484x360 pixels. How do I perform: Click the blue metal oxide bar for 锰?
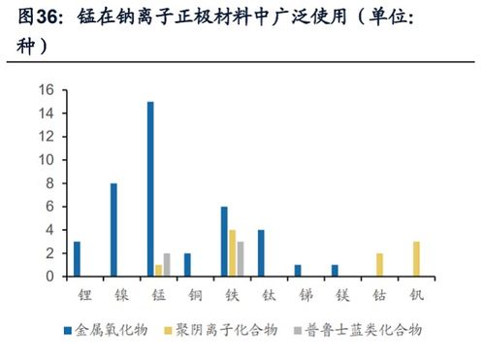click(x=150, y=189)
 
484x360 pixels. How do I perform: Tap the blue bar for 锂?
click(x=77, y=259)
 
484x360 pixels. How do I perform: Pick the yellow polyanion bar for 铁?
click(x=233, y=253)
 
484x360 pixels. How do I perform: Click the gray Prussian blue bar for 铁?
click(x=241, y=259)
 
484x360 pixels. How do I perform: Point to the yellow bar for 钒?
click(x=416, y=259)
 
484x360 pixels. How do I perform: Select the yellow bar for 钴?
click(x=379, y=265)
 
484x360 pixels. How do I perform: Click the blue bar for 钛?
click(x=261, y=253)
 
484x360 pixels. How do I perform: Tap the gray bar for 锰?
click(x=166, y=265)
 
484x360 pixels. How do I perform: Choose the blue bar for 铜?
click(x=187, y=265)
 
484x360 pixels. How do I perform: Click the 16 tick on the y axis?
click(x=46, y=89)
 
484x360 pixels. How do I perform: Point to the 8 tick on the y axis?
click(x=49, y=183)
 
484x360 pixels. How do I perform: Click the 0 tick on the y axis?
click(x=49, y=277)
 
